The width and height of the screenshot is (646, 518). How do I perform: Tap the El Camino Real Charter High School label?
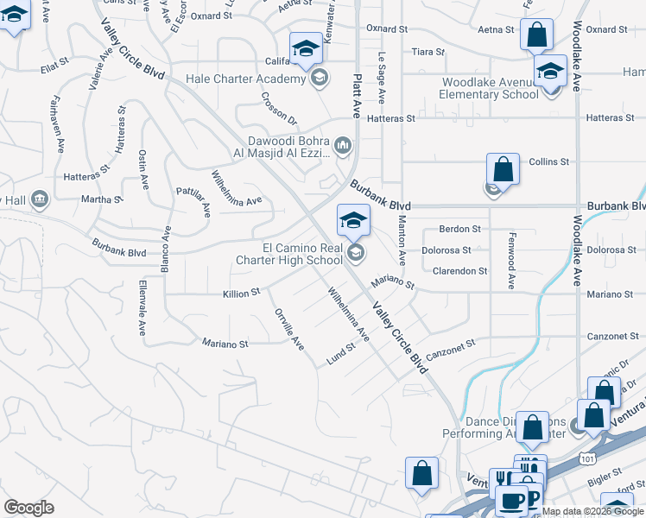(296, 253)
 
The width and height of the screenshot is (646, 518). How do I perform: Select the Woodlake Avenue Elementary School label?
(490, 88)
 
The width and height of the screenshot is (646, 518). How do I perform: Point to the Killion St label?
(243, 294)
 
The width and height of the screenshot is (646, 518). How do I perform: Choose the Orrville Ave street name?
(289, 329)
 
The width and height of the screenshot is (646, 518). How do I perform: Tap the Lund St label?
(341, 355)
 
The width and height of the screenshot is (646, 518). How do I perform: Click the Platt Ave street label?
(355, 96)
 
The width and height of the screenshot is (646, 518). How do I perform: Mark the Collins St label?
(549, 161)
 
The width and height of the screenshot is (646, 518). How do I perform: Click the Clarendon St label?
(460, 271)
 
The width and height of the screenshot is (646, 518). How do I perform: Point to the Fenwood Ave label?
(511, 268)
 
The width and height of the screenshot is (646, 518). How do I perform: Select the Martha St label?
(102, 199)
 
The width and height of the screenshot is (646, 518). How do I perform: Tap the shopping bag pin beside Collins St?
(503, 169)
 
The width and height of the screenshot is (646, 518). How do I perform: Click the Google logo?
(28, 509)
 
